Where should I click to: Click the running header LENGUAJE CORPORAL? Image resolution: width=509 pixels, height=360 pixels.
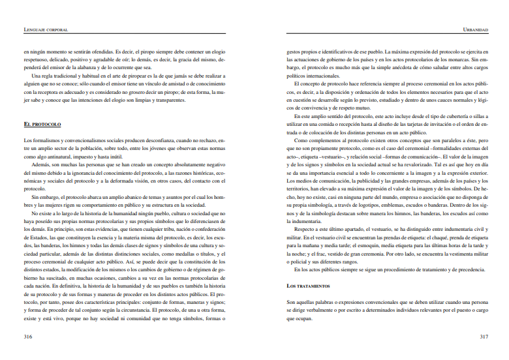pos(46,29)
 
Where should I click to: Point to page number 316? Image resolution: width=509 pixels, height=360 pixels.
pos(28,337)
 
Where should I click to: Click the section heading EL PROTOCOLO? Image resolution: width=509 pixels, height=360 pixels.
pos(42,123)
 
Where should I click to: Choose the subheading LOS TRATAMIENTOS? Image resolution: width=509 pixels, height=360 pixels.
pos(309,286)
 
